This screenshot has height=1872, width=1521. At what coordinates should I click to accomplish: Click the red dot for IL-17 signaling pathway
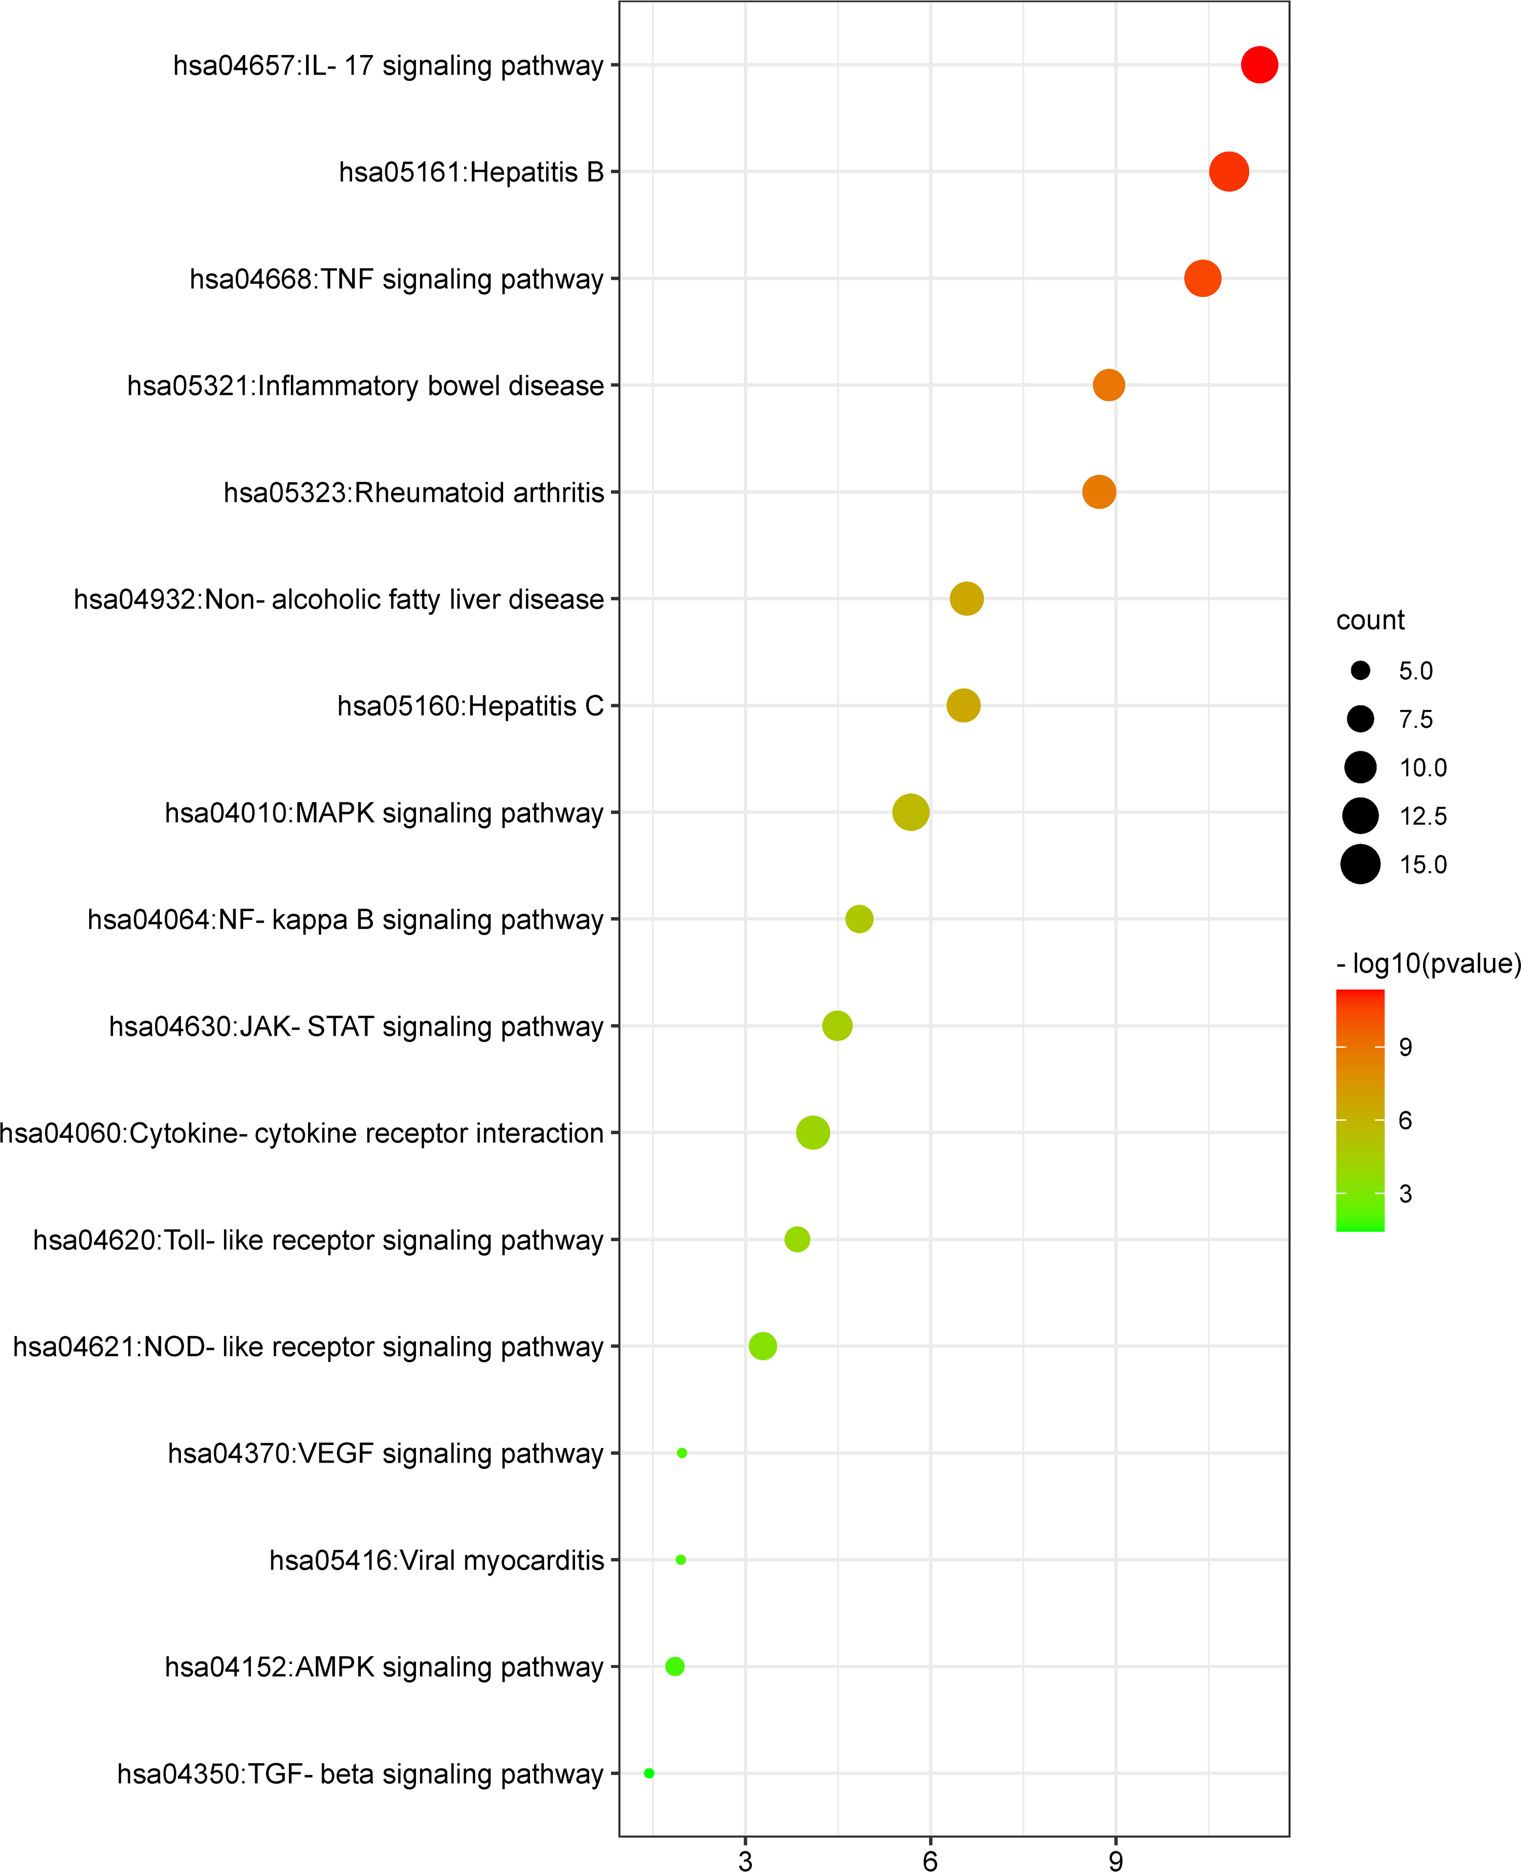pos(1259,65)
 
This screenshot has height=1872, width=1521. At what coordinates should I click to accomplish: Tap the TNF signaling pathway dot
pos(1202,279)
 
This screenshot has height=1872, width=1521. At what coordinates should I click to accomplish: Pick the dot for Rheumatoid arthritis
pos(1099,492)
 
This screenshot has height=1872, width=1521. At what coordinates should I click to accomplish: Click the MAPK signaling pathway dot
pos(910,813)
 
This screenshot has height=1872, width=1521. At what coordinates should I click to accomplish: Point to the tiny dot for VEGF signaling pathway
pos(681,1453)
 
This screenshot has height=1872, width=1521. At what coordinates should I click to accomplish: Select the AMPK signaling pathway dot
pos(675,1666)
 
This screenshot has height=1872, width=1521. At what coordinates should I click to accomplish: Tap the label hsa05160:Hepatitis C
pos(470,706)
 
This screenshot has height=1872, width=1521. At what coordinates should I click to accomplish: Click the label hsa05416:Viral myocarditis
pos(436,1561)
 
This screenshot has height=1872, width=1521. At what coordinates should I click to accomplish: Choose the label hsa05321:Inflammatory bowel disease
pos(366,386)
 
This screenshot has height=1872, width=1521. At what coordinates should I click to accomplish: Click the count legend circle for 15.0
pos(1360,864)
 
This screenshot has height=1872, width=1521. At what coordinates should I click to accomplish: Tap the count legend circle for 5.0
pos(1360,670)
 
